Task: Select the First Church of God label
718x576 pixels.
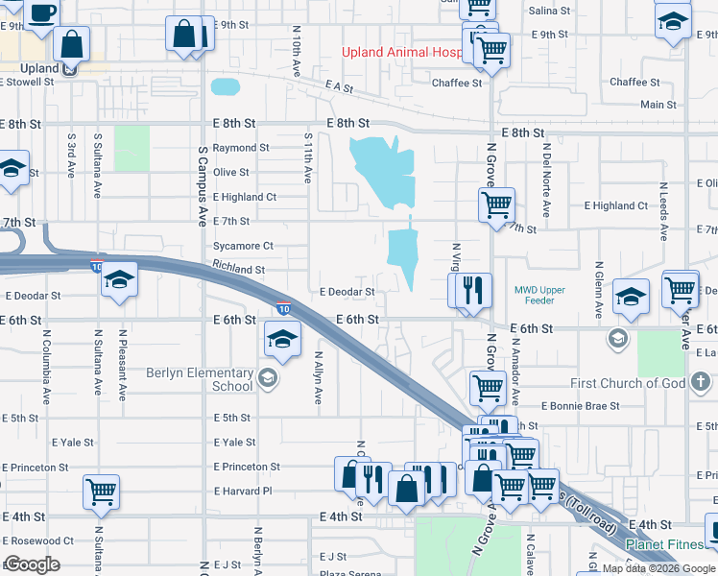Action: (x=628, y=383)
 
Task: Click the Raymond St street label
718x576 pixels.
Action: (x=240, y=148)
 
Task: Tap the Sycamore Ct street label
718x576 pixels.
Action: (x=243, y=246)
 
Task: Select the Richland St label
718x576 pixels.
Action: (x=238, y=271)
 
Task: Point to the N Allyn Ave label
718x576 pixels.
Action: (x=318, y=377)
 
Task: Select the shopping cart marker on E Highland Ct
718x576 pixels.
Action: (x=496, y=204)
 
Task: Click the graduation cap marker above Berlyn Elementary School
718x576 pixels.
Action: (x=282, y=338)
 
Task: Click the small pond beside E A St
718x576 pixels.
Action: (x=225, y=87)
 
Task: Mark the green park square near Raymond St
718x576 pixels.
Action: (x=132, y=148)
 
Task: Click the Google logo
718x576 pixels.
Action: (x=32, y=564)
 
